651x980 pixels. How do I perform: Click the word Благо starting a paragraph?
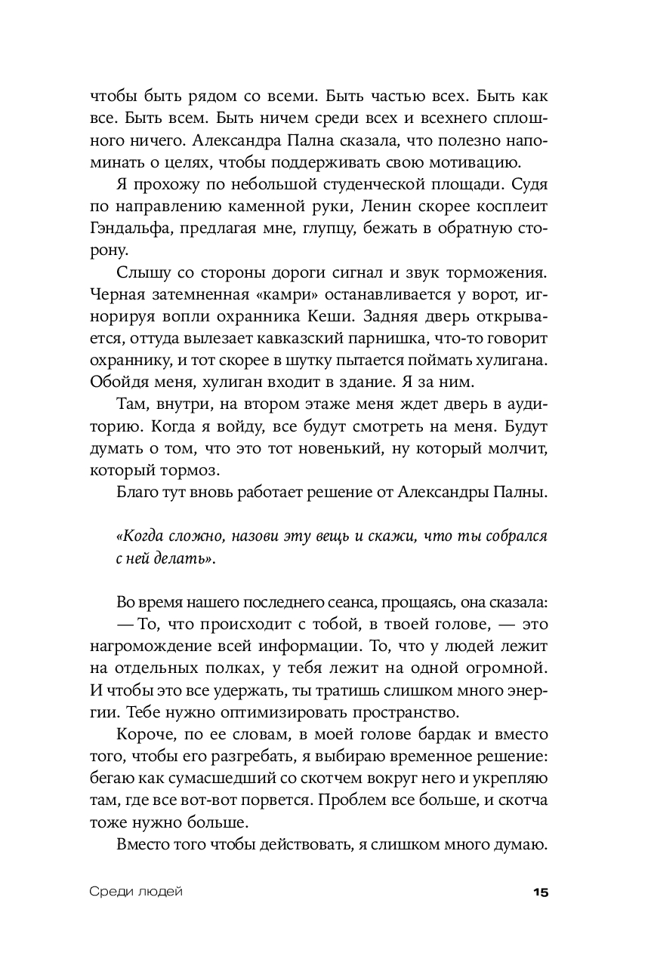point(137,494)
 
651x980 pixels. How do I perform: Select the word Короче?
point(143,733)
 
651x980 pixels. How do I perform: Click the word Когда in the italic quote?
point(142,537)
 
